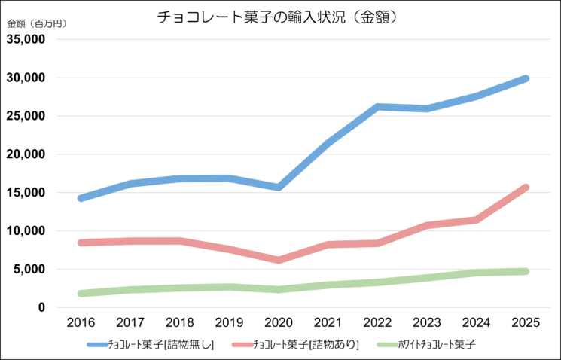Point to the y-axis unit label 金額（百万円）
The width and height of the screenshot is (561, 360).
click(x=37, y=23)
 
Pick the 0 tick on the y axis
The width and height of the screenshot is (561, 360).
click(x=42, y=307)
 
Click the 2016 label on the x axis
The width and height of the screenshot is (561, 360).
click(x=81, y=322)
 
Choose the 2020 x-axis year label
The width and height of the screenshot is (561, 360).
click(x=278, y=322)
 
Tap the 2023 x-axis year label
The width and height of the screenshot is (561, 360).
click(x=426, y=322)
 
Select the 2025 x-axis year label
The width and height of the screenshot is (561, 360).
click(x=525, y=322)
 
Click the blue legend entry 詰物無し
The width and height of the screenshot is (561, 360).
click(x=151, y=345)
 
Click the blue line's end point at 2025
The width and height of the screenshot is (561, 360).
click(x=525, y=78)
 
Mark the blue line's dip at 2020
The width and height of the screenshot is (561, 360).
click(x=278, y=187)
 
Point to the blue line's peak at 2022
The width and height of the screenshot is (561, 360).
click(x=377, y=107)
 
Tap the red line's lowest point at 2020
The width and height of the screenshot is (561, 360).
click(x=278, y=260)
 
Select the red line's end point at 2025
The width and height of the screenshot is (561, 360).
click(x=525, y=188)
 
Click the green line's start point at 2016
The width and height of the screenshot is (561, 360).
click(x=81, y=293)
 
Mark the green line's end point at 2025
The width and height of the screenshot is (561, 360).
click(x=525, y=271)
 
